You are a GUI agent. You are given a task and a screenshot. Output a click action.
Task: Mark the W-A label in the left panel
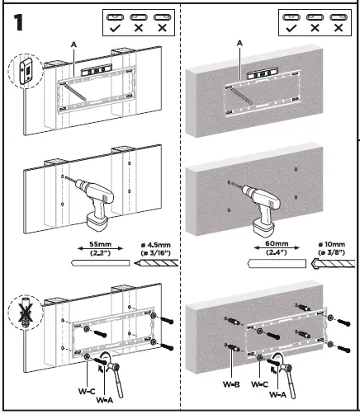coord(104,399)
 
